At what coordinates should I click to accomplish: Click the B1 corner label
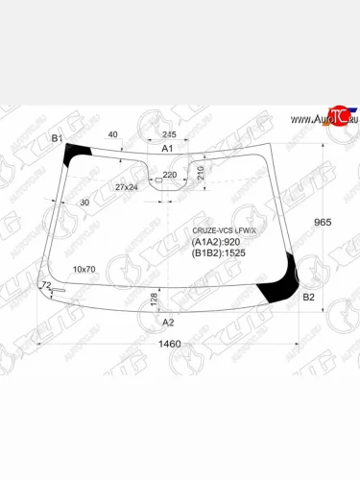[57, 139]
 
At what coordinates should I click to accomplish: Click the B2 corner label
[308, 298]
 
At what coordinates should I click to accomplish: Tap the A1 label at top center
[167, 149]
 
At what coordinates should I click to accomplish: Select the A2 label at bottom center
[167, 322]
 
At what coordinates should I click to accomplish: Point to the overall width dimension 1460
[168, 344]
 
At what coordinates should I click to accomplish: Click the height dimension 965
[324, 222]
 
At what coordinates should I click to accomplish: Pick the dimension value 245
[170, 134]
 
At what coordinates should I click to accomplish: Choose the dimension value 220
[170, 175]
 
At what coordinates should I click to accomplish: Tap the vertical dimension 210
[200, 173]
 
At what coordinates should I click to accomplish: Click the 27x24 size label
[127, 186]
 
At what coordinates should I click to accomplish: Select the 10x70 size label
[86, 270]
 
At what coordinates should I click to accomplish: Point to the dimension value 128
[154, 302]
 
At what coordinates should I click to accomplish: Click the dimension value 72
[44, 286]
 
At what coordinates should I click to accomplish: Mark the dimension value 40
[113, 134]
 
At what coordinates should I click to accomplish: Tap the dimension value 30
[85, 203]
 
